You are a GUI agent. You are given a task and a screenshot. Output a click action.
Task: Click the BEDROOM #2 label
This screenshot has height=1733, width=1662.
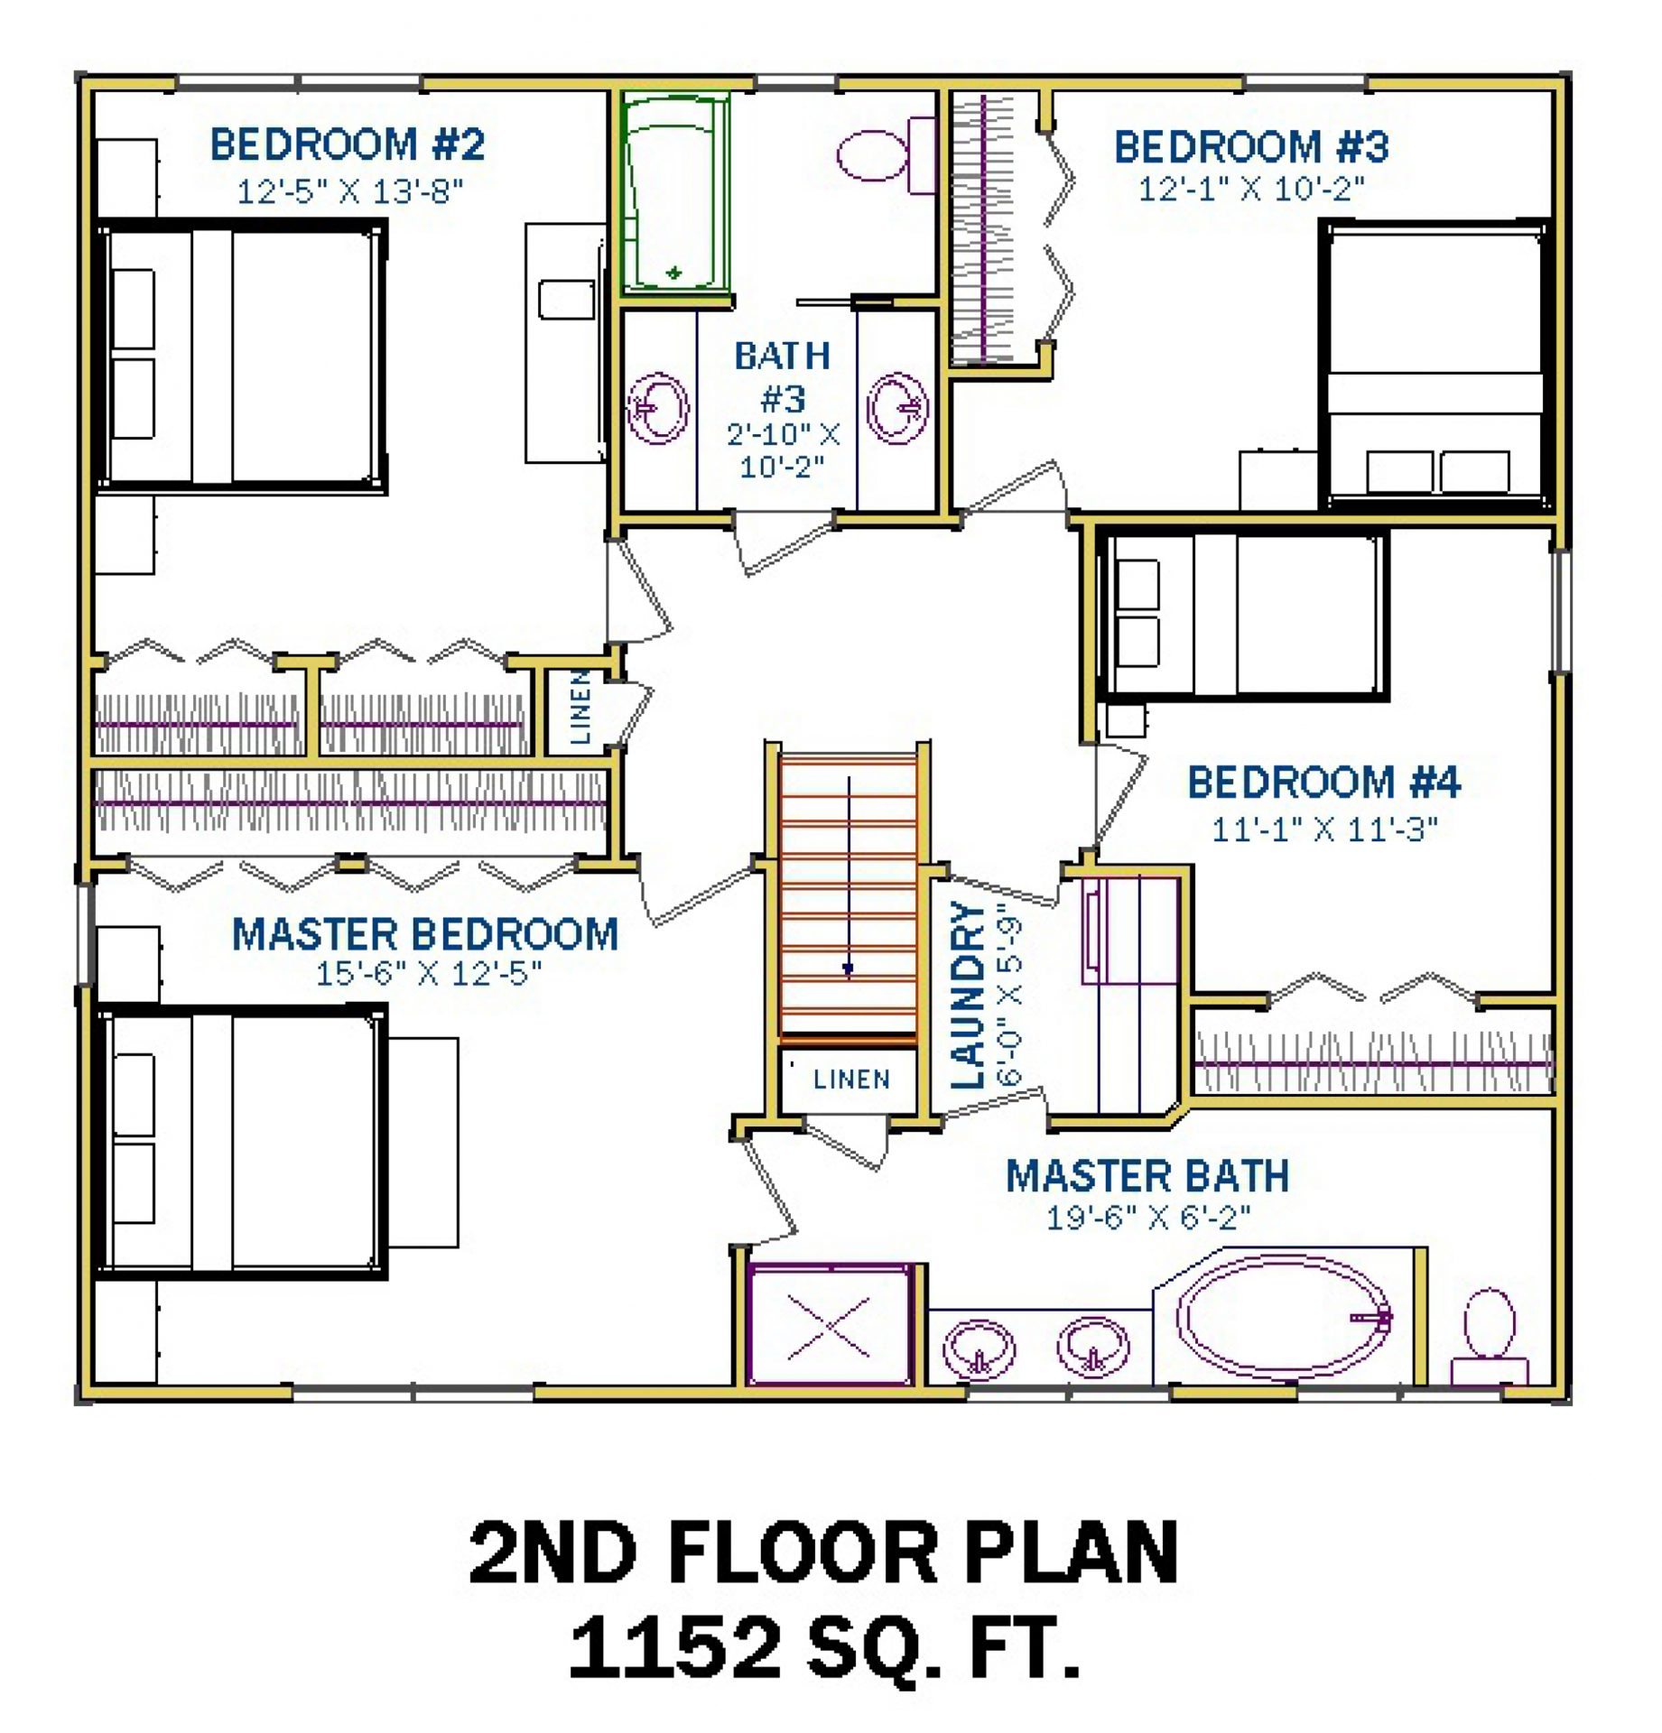[x=348, y=144]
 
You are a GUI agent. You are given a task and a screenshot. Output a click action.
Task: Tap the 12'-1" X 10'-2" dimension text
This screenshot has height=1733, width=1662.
[x=1251, y=190]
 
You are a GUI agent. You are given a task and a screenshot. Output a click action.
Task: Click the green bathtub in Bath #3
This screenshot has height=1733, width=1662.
[x=675, y=193]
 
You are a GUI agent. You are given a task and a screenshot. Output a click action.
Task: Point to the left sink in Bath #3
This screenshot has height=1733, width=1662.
[x=658, y=408]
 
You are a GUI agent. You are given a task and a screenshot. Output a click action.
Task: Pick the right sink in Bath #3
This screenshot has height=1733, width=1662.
[x=897, y=408]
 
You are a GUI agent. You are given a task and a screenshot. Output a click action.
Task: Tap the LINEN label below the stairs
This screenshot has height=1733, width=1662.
[x=851, y=1079]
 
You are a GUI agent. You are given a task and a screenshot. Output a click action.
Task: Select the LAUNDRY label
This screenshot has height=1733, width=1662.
[x=968, y=995]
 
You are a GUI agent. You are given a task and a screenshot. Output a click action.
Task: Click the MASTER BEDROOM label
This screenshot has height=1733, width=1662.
[x=425, y=934]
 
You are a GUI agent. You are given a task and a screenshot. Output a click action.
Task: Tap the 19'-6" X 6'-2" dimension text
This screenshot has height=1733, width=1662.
[x=1148, y=1218]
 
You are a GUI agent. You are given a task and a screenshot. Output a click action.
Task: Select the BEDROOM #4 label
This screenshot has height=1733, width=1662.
[x=1323, y=782]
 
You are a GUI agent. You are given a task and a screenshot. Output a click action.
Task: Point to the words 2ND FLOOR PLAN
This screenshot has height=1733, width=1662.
[x=824, y=1552]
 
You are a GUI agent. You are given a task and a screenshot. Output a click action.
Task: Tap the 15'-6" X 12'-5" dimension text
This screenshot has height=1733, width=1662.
[x=429, y=974]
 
